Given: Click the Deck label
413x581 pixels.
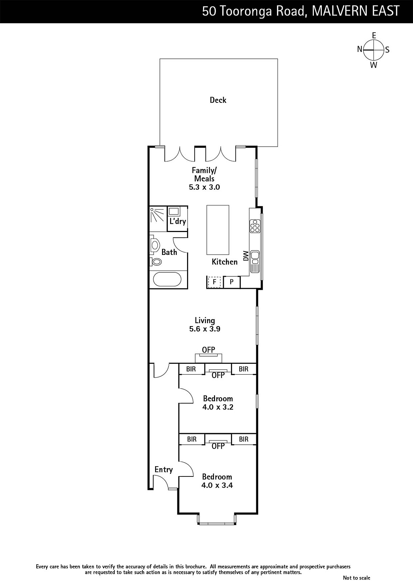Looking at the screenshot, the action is pyautogui.click(x=218, y=100).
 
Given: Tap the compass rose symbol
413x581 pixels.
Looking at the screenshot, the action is pyautogui.click(x=373, y=50).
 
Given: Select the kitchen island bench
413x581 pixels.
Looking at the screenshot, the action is pyautogui.click(x=218, y=230).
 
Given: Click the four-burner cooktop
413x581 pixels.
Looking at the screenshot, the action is pyautogui.click(x=255, y=226).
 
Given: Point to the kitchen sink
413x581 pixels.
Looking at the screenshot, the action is pyautogui.click(x=255, y=262).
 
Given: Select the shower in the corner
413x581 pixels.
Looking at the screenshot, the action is pyautogui.click(x=158, y=219).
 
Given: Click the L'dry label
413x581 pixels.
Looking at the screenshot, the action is pyautogui.click(x=178, y=221).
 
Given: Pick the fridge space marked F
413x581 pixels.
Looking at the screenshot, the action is pyautogui.click(x=214, y=282).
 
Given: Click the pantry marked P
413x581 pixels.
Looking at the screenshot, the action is pyautogui.click(x=232, y=282).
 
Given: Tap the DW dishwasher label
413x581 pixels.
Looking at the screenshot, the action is pyautogui.click(x=246, y=256).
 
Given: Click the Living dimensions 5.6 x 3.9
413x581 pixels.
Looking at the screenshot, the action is pyautogui.click(x=205, y=329).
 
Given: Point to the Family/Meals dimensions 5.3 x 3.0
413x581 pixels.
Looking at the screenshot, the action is pyautogui.click(x=205, y=187).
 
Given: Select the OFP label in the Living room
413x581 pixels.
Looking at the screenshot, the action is pyautogui.click(x=208, y=350).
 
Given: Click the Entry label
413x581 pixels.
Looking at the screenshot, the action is pyautogui.click(x=164, y=470).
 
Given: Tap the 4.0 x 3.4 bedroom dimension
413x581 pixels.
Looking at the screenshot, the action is pyautogui.click(x=217, y=485).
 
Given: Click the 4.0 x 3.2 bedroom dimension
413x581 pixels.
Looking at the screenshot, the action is pyautogui.click(x=218, y=407).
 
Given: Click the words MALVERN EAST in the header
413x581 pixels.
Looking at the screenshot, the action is pyautogui.click(x=355, y=11).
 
